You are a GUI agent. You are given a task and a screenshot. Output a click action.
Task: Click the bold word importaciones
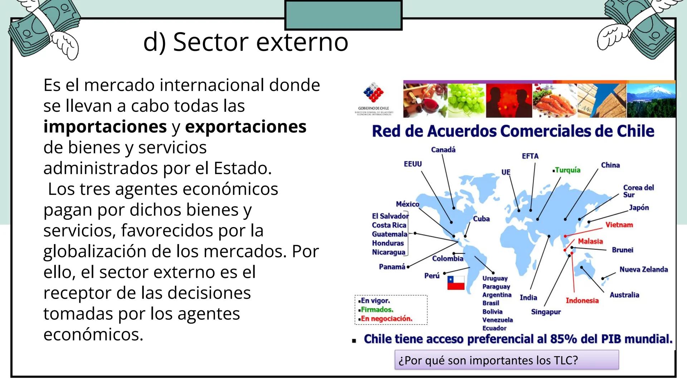(105, 126)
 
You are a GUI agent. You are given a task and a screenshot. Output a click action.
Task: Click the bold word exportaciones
(245, 126)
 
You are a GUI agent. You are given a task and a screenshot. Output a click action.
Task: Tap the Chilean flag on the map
(455, 283)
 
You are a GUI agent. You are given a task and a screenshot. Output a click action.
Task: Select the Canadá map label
(443, 150)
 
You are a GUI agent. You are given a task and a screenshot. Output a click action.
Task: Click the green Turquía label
(567, 170)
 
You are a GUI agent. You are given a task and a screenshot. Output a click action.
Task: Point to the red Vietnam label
(619, 225)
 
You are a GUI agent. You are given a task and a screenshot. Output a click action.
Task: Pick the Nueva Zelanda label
(643, 269)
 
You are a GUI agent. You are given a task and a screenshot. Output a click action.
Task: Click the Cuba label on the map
(481, 219)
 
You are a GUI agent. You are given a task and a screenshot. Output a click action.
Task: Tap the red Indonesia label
(582, 301)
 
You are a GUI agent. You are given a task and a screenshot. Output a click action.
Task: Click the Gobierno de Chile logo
(373, 99)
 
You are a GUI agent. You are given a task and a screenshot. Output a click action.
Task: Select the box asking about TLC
(506, 360)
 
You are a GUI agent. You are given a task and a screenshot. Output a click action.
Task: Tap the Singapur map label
(545, 312)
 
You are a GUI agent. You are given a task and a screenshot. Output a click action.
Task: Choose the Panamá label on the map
(392, 267)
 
